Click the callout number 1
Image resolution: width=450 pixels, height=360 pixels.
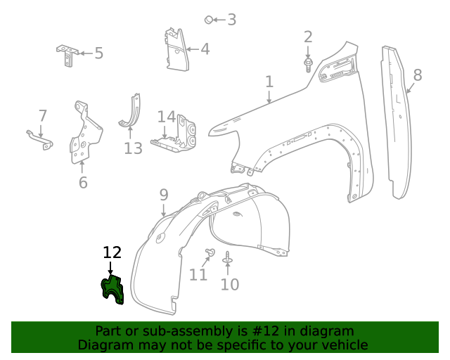tap(269, 82)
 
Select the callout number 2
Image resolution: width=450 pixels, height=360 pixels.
tap(308, 37)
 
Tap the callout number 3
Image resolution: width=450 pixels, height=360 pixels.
tap(231, 20)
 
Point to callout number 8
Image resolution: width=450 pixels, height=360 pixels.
tap(418, 75)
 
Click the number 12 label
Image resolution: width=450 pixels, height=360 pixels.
tap(112, 252)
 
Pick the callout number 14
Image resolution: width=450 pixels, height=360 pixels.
tap(166, 117)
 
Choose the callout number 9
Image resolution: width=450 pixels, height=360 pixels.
tap(164, 194)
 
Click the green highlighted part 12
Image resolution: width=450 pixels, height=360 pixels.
tap(112, 290)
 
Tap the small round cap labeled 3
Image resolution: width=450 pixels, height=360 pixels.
tap(209, 20)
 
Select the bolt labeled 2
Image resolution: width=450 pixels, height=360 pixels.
tap(309, 64)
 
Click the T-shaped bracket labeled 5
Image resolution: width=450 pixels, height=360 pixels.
tap(67, 53)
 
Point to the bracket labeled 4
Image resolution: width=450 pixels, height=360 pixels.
tap(175, 49)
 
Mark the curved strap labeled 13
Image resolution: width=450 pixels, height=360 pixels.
tap(131, 114)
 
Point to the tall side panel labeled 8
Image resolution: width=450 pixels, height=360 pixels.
tap(395, 120)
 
